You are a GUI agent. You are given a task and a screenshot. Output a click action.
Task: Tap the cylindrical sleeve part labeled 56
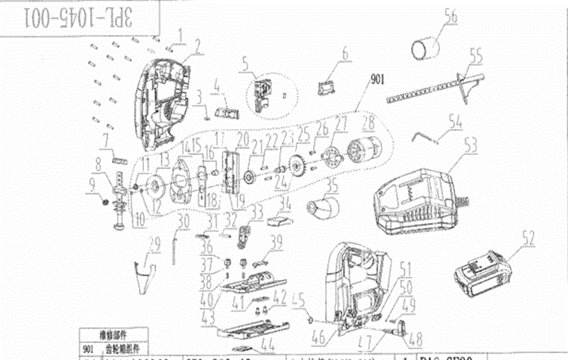point(425,48)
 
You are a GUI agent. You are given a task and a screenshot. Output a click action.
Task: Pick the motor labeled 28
point(364,150)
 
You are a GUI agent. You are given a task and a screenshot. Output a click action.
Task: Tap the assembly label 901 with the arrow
point(377,79)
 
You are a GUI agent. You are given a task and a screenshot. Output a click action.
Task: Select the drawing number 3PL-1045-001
point(79,18)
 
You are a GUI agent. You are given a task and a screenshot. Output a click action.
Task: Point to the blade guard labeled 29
point(145,277)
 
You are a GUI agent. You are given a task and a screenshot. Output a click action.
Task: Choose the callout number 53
point(471,146)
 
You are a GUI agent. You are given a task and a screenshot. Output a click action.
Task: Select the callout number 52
point(528,238)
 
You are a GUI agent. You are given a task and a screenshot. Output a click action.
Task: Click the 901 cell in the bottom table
point(88,349)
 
